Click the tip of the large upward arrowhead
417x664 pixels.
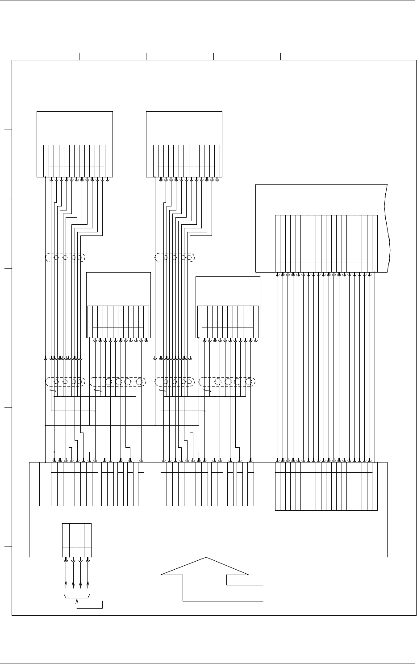pos(206,558)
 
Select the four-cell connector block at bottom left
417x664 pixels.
pos(76,539)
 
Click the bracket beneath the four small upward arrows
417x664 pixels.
pos(77,597)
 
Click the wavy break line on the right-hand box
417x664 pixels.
pos(390,228)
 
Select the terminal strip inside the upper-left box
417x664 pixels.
pos(76,160)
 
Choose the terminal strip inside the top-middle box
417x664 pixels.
pos(186,160)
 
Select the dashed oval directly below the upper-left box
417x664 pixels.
pos(65,257)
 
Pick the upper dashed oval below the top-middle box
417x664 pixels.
pos(175,257)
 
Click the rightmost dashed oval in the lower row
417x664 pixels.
pos(227,382)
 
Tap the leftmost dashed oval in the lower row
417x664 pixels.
pos(65,382)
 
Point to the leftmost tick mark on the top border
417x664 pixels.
pos(79,56)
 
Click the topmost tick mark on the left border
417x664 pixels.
pos(7,130)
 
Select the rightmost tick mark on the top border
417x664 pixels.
pos(348,56)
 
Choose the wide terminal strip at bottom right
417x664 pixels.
pos(326,486)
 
